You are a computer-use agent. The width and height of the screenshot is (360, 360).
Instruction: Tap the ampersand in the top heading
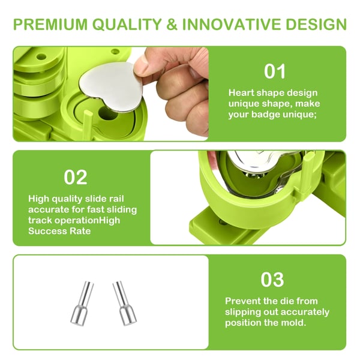click(172, 24)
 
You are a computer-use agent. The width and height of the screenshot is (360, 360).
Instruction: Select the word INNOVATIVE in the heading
click(232, 24)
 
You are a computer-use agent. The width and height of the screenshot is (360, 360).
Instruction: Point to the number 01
click(275, 71)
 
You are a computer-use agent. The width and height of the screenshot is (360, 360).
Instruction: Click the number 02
click(76, 177)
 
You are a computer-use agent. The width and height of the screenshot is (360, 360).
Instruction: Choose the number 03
click(272, 280)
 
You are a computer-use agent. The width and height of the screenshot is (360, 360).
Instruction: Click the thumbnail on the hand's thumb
click(141, 66)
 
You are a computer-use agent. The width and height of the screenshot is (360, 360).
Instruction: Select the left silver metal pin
click(82, 304)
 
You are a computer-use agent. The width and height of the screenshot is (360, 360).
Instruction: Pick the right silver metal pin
click(124, 304)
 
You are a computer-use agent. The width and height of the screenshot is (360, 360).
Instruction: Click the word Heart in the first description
click(241, 93)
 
